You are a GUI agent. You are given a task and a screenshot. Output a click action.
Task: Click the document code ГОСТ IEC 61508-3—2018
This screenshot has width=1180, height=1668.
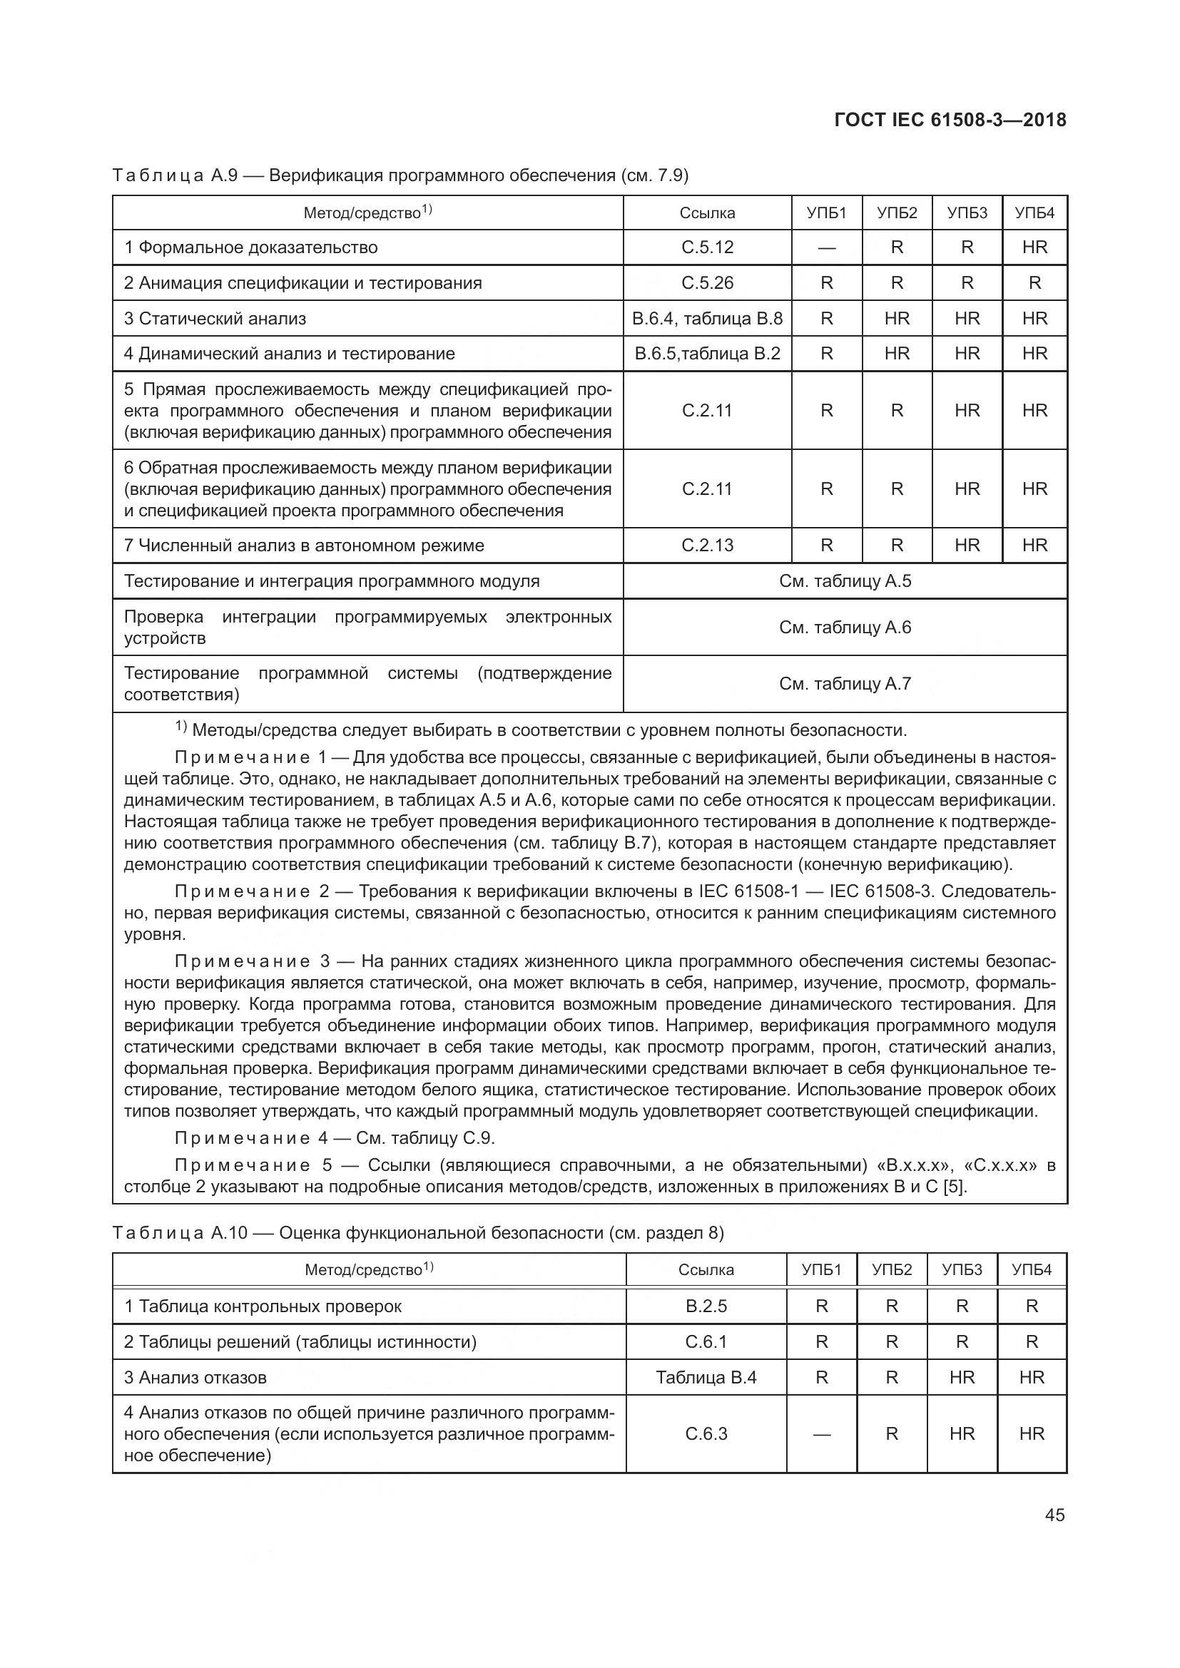click(x=950, y=121)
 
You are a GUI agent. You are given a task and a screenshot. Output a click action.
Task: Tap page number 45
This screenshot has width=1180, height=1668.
click(x=1054, y=1515)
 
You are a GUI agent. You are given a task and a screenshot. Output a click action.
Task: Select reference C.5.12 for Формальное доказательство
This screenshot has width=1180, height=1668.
click(x=707, y=247)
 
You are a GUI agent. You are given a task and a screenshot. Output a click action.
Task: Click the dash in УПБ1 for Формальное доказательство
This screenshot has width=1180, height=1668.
click(x=826, y=248)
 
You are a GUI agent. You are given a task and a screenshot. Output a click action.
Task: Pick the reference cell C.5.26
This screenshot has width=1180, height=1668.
click(x=707, y=283)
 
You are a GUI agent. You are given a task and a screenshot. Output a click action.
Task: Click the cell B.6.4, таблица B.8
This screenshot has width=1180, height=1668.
click(x=707, y=319)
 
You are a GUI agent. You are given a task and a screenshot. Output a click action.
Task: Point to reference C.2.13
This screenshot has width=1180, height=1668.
click(x=707, y=546)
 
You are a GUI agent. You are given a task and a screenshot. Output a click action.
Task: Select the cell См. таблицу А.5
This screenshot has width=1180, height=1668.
click(x=844, y=581)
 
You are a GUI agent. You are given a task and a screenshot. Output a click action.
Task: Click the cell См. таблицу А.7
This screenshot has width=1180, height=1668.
click(x=844, y=684)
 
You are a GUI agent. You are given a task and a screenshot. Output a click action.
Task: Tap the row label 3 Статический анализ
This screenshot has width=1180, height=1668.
click(x=215, y=319)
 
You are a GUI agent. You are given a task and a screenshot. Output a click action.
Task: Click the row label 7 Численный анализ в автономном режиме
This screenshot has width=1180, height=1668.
click(x=304, y=546)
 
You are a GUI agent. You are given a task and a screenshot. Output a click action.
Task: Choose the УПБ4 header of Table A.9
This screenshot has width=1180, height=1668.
click(x=1034, y=213)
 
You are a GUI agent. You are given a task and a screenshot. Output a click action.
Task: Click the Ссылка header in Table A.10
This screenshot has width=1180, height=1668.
click(x=706, y=1270)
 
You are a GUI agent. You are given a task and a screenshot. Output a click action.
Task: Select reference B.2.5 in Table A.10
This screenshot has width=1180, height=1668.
click(x=706, y=1306)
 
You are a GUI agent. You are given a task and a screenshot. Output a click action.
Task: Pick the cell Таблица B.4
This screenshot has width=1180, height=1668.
click(x=706, y=1378)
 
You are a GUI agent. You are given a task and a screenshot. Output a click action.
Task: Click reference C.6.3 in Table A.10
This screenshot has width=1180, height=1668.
click(x=706, y=1433)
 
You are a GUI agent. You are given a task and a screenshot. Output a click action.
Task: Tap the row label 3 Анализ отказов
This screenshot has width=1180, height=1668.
click(x=195, y=1378)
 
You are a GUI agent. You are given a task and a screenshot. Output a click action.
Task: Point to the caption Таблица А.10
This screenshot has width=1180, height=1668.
click(x=180, y=1233)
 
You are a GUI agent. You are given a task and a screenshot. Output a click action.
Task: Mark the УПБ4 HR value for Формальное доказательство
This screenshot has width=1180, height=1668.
click(x=1034, y=247)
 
